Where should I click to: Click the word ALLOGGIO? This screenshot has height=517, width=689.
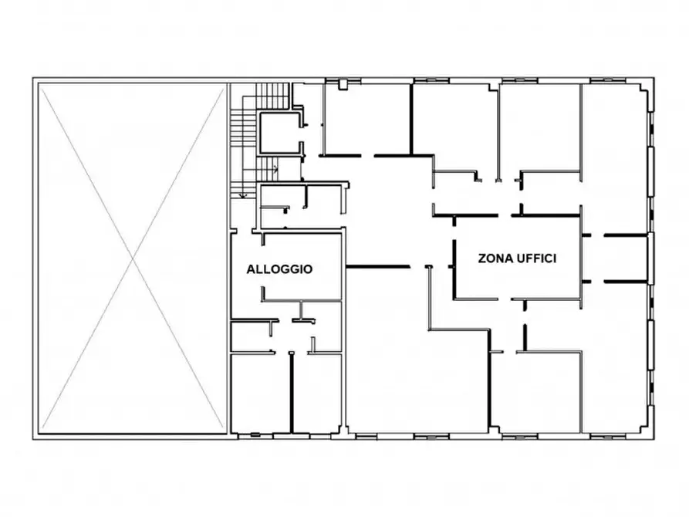[x=279, y=269]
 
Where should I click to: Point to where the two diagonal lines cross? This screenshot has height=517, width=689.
[x=133, y=258]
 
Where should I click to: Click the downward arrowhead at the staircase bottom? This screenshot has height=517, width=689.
[x=242, y=194]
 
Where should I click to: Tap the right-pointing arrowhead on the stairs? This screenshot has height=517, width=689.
[x=276, y=168]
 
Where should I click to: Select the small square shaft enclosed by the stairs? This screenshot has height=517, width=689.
[x=280, y=133]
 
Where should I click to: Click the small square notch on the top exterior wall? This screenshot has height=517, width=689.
[x=343, y=85]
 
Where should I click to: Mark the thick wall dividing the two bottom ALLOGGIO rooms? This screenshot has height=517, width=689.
[x=292, y=393]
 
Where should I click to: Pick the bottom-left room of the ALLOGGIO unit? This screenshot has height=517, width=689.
[x=260, y=394]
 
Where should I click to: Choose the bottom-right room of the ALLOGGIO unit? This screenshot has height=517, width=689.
[x=317, y=394]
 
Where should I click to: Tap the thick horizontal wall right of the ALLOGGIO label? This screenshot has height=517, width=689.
[x=378, y=266]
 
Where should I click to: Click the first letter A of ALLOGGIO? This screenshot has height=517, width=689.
[x=251, y=269]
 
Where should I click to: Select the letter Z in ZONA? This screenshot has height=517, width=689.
[x=482, y=258]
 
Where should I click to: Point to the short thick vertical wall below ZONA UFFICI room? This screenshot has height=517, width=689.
[x=525, y=337]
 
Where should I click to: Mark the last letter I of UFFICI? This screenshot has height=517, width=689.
[x=555, y=258]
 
